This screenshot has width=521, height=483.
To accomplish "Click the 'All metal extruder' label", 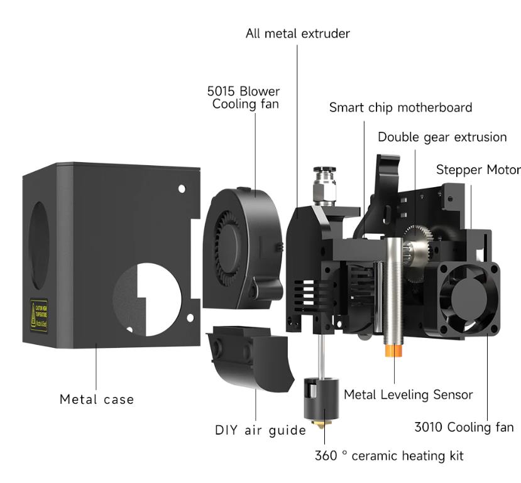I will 297,33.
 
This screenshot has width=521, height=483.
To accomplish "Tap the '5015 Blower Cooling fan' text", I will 244,97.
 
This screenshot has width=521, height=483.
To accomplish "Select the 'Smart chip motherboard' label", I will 400,107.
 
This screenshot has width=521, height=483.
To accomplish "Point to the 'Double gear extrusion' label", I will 442,137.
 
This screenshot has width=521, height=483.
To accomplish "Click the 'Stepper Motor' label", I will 478,170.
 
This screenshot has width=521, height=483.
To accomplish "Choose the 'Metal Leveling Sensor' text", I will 408,394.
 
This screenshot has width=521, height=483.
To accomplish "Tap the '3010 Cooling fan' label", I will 464,427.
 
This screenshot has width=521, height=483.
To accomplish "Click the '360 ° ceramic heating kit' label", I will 389,455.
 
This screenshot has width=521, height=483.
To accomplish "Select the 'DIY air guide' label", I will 260,430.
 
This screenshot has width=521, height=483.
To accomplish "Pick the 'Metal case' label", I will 97,399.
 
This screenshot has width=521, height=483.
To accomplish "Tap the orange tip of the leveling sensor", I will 394,350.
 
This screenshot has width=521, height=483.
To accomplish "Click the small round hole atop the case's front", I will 182,188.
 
